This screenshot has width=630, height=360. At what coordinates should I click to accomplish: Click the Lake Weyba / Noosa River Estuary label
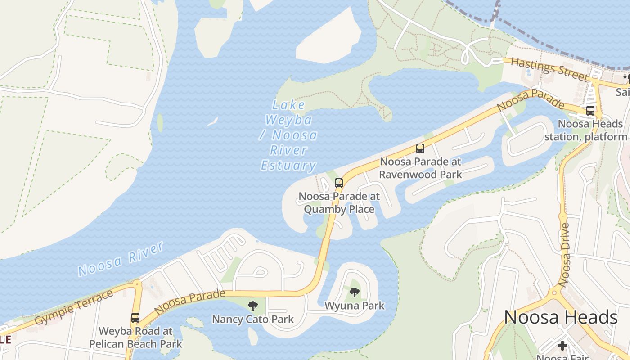tap(288, 135)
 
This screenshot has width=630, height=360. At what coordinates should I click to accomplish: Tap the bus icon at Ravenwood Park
tap(420, 148)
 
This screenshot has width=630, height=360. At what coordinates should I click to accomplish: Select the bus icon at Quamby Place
tap(339, 183)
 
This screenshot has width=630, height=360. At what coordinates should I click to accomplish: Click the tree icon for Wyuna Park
tap(355, 292)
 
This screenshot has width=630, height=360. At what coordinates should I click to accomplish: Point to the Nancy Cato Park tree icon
tap(253, 306)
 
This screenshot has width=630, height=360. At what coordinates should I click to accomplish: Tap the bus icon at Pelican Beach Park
tap(135, 318)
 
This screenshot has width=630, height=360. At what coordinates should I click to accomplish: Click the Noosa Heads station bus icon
tap(590, 110)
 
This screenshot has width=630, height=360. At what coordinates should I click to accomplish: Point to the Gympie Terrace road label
tap(74, 308)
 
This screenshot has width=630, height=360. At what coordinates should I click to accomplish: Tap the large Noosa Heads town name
tap(560, 317)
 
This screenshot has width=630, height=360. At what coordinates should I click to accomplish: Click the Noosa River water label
tap(120, 260)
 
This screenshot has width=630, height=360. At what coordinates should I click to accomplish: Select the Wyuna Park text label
tap(355, 306)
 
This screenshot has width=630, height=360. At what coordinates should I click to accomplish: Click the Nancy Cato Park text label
tap(253, 319)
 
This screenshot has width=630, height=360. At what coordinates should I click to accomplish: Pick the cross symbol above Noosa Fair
tap(562, 346)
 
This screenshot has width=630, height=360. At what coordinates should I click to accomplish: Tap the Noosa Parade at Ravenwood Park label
tap(420, 168)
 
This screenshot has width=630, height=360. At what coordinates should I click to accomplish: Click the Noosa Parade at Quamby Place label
tap(339, 203)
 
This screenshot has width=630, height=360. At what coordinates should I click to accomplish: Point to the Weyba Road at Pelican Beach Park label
tap(135, 337)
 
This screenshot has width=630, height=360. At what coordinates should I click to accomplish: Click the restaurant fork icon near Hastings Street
tap(626, 79)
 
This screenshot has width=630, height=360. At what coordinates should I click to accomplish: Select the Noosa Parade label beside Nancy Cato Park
tap(189, 302)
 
